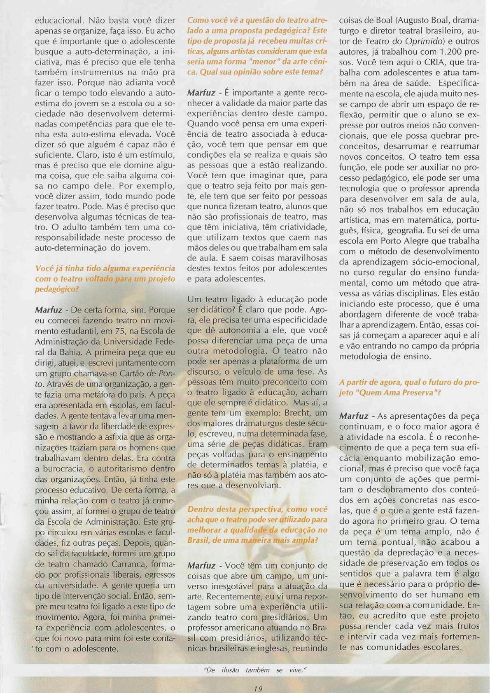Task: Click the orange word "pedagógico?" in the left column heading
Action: [x=56, y=289]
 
